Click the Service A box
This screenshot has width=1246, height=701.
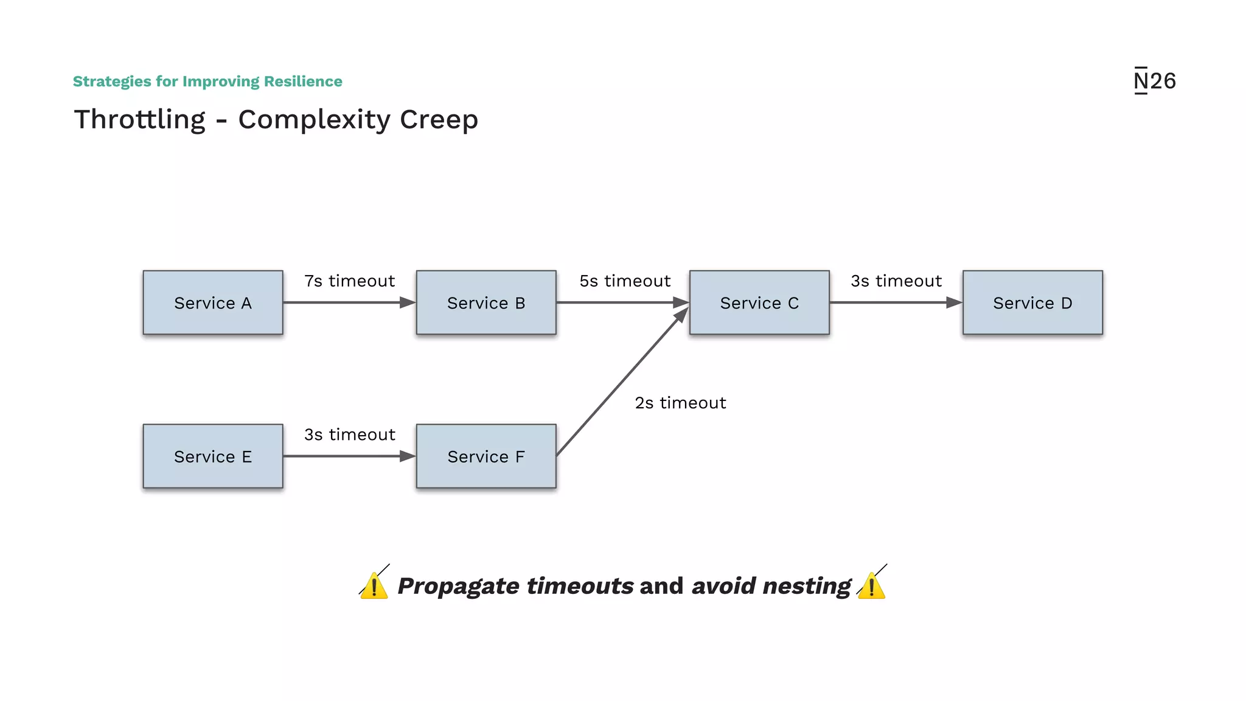[213, 302]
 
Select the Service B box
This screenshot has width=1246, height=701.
[486, 302]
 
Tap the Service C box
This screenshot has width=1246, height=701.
[759, 302]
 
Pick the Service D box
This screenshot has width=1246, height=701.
[1032, 302]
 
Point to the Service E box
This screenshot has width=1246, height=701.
[213, 456]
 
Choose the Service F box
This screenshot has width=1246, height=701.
[486, 456]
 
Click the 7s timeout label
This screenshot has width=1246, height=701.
[349, 281]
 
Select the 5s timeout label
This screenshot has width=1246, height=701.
[625, 281]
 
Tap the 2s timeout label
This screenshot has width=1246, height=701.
[680, 403]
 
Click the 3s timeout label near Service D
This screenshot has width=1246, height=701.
[896, 281]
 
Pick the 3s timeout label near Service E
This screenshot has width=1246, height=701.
[349, 434]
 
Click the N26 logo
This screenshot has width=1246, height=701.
[1155, 81]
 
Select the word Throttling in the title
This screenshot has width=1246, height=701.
[140, 119]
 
